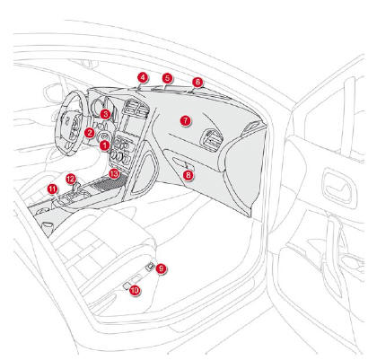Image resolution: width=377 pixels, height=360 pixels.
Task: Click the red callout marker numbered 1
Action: coord(104,145)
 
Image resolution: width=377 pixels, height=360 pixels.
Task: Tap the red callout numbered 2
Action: coord(89,133)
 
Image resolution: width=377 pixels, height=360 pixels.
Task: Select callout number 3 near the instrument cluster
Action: coord(105,114)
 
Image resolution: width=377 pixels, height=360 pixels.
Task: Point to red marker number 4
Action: coord(143,77)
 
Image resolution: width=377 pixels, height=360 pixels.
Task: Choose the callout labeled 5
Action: coord(168,78)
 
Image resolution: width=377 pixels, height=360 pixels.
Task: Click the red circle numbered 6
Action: coord(197,82)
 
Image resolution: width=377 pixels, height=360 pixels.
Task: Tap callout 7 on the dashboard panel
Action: coord(186,120)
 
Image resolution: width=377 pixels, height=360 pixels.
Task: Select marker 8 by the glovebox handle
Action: coord(188,175)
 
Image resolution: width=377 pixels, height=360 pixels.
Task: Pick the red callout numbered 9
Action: coord(162,268)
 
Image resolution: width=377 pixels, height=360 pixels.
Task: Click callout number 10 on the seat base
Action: coord(135,290)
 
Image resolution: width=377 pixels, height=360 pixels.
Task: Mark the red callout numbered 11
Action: coord(53,189)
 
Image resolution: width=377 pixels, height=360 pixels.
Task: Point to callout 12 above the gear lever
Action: coord(71,180)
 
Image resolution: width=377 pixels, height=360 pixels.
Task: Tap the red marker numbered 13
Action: coord(114,173)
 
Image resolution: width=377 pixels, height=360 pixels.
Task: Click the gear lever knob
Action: coord(76,189)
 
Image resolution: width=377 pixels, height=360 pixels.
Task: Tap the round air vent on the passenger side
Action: coord(212,139)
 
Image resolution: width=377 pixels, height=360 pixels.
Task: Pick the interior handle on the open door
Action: coord(339,186)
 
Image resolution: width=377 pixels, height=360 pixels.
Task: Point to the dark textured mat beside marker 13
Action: coord(110,182)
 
